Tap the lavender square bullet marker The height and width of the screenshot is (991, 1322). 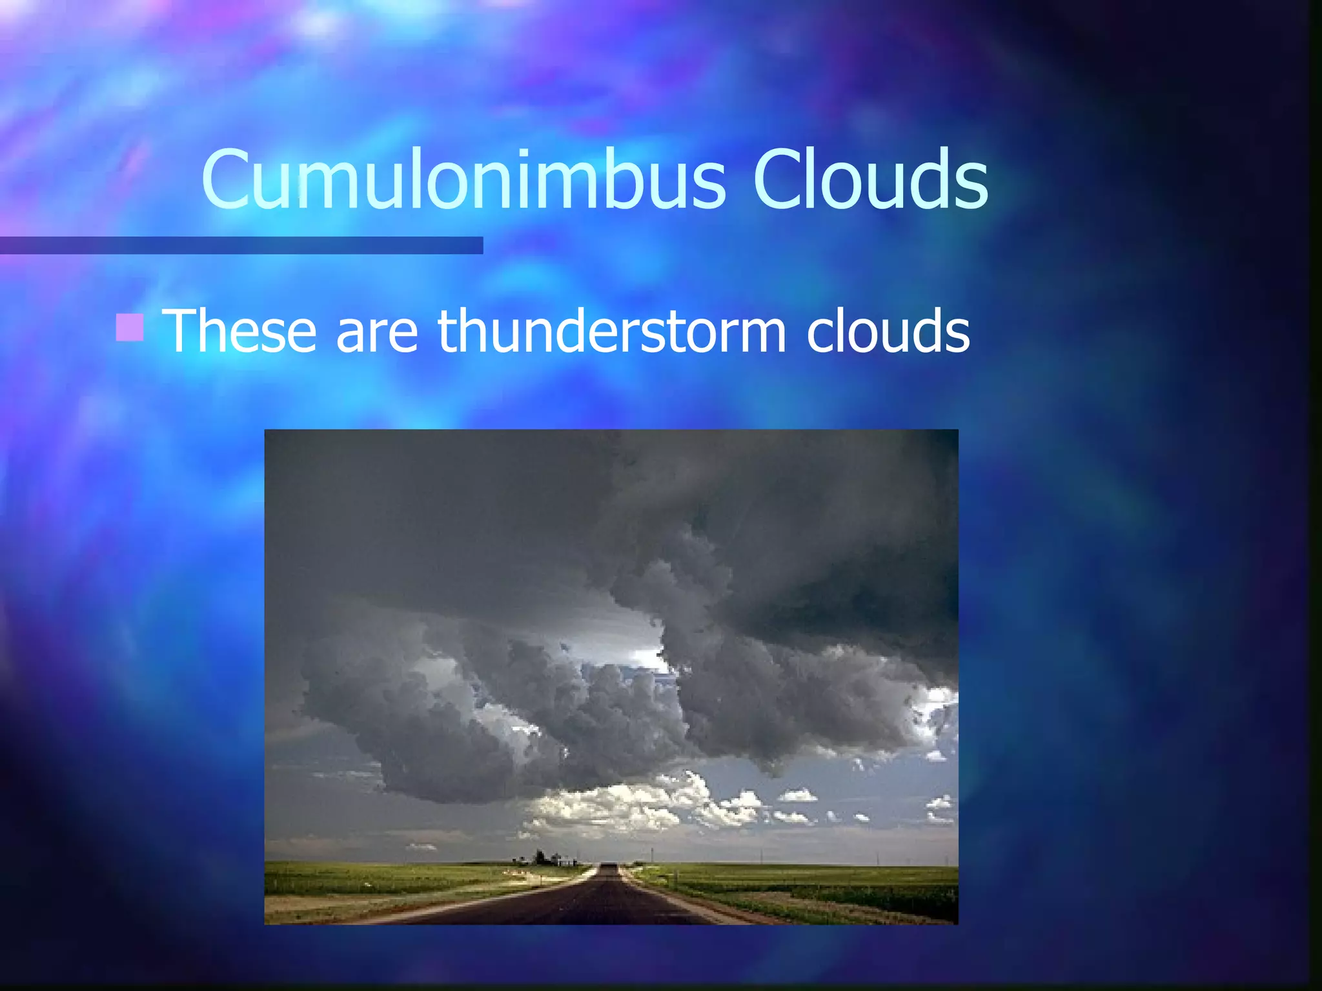(129, 327)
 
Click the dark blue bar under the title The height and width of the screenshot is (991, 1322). (241, 245)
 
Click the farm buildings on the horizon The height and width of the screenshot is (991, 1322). (549, 859)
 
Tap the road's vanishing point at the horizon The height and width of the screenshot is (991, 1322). (609, 866)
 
